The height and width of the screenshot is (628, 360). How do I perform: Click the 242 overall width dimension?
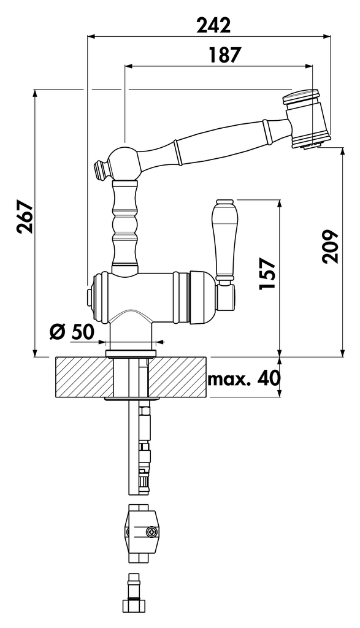pyautogui.click(x=213, y=25)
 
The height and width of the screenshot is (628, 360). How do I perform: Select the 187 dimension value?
pyautogui.click(x=226, y=55)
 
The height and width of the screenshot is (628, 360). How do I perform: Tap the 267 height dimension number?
pyautogui.click(x=25, y=216)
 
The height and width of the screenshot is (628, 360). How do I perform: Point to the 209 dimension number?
pyautogui.click(x=331, y=247)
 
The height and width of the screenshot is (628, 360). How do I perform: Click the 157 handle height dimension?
pyautogui.click(x=267, y=274)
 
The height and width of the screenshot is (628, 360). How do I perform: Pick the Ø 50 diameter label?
pyautogui.click(x=72, y=332)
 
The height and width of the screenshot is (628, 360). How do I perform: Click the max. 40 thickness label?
pyautogui.click(x=244, y=378)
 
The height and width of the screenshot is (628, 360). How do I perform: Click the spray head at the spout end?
pyautogui.click(x=307, y=118)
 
